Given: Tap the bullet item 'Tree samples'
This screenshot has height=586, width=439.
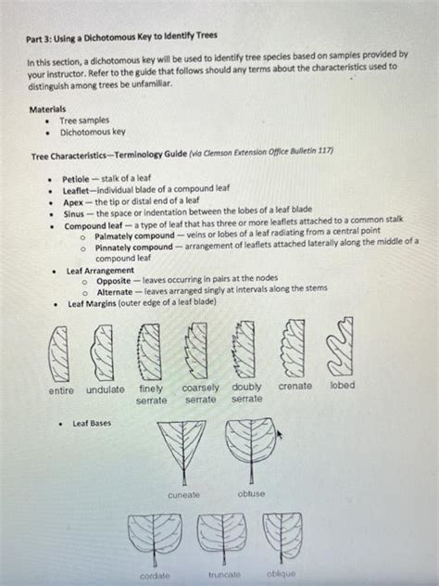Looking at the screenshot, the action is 84,121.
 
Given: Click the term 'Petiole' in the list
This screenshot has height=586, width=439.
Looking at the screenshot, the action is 76,177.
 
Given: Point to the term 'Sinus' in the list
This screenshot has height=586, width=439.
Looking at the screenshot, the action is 73,211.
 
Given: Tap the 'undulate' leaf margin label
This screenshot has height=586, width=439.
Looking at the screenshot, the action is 106,389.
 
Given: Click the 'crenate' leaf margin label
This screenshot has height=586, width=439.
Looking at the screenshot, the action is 295,385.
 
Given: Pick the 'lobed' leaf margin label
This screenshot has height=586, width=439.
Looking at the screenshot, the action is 342,385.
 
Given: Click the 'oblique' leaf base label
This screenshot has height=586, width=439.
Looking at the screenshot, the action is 281,574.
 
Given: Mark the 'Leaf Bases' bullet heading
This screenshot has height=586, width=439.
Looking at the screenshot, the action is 92,423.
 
